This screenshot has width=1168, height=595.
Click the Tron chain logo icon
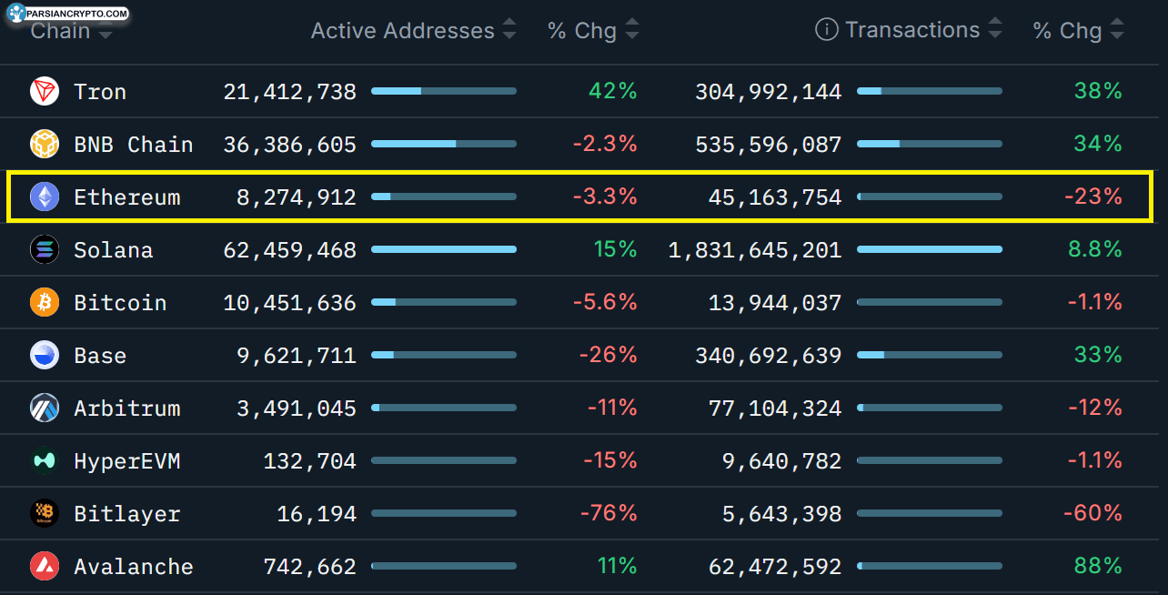tap(45, 91)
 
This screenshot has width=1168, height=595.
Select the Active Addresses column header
tap(403, 30)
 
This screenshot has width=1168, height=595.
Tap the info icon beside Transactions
tap(827, 29)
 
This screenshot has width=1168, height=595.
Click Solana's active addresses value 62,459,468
tap(289, 250)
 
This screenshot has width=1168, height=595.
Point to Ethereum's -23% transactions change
tap(1092, 197)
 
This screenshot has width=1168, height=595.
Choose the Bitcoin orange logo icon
tap(45, 302)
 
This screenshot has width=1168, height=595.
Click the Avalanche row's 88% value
tap(1098, 566)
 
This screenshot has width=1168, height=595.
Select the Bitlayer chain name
tap(127, 514)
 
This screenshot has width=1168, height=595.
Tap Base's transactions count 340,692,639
tap(768, 355)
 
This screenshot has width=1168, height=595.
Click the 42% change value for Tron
tap(613, 91)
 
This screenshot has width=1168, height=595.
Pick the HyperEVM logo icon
tap(45, 460)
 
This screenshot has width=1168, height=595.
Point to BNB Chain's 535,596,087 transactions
tap(768, 145)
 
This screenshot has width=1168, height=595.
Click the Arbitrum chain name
tap(127, 408)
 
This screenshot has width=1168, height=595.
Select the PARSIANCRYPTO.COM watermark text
tap(76, 14)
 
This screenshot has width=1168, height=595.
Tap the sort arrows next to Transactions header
tap(995, 27)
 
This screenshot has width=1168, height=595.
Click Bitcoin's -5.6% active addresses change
tap(605, 302)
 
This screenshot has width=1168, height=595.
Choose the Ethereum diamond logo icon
tap(45, 197)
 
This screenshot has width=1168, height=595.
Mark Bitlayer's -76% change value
tap(609, 513)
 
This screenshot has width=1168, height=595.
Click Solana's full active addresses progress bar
tap(444, 250)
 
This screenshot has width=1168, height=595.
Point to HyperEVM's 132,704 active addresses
tap(309, 461)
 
